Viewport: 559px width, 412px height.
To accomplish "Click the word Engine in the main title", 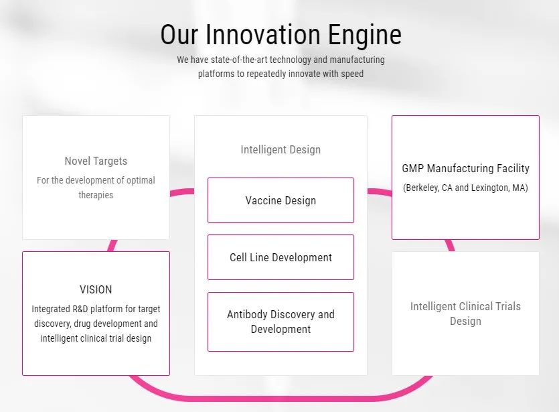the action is point(365,35).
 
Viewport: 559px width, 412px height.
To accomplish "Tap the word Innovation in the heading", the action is point(263,34).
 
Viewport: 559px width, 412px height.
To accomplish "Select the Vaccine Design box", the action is point(281,200).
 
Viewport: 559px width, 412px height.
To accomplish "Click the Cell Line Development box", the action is point(281,257).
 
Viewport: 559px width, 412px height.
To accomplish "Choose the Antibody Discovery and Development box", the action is point(281,322).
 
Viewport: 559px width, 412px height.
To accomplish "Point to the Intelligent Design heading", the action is point(281,149).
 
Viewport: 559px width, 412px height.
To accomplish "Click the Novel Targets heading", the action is point(96,161).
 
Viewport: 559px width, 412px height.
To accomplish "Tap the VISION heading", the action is point(96,289).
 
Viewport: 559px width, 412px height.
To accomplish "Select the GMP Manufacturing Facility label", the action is point(465,168).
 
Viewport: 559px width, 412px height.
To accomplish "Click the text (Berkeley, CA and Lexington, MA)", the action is point(465,188).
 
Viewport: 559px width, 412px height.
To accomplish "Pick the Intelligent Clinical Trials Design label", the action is point(465,314).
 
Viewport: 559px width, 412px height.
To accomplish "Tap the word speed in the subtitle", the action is point(352,74).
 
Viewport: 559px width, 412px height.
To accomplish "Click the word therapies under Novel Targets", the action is point(96,195).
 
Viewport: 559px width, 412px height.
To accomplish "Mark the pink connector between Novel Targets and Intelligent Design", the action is point(182,192).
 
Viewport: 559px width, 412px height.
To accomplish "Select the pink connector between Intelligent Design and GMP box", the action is point(380,192).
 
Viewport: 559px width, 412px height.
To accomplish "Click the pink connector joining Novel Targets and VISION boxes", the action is point(112,245).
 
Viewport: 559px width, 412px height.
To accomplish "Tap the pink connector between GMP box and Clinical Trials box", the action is point(451,245).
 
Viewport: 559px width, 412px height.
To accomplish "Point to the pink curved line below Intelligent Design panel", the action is point(281,398).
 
